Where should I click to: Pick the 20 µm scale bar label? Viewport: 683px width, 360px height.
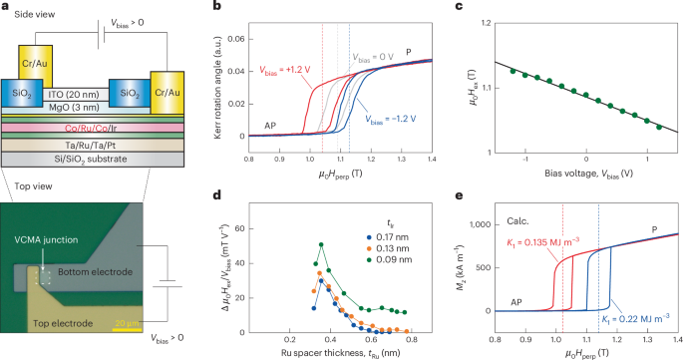(126, 323)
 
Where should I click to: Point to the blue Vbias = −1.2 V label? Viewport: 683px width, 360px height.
(390, 118)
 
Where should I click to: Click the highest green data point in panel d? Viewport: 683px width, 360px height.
(321, 244)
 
